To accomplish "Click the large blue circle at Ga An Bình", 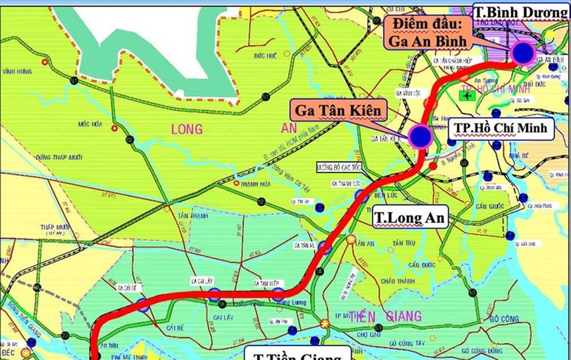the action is (x=524, y=53).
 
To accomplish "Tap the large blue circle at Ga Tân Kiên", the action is (x=421, y=136).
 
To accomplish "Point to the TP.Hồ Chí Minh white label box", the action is (x=501, y=128).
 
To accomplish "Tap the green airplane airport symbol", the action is (x=467, y=95).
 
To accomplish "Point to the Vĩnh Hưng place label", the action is (x=17, y=72).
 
